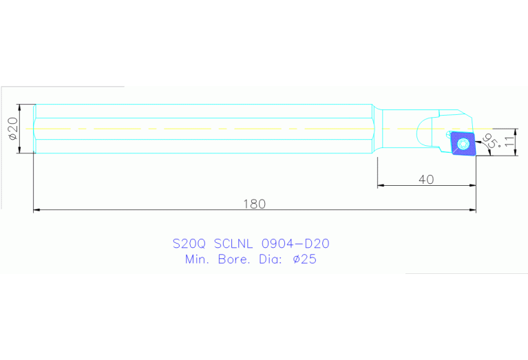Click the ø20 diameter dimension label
[x=12, y=129]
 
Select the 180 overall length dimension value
[x=254, y=204]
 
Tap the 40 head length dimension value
[x=426, y=180]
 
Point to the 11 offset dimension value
[x=509, y=142]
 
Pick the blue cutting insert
[x=463, y=143]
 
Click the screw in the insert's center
[x=463, y=143]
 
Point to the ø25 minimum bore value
[x=304, y=260]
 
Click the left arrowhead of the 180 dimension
[x=37, y=210]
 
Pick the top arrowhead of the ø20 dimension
[x=21, y=107]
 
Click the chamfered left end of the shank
[x=35, y=129]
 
